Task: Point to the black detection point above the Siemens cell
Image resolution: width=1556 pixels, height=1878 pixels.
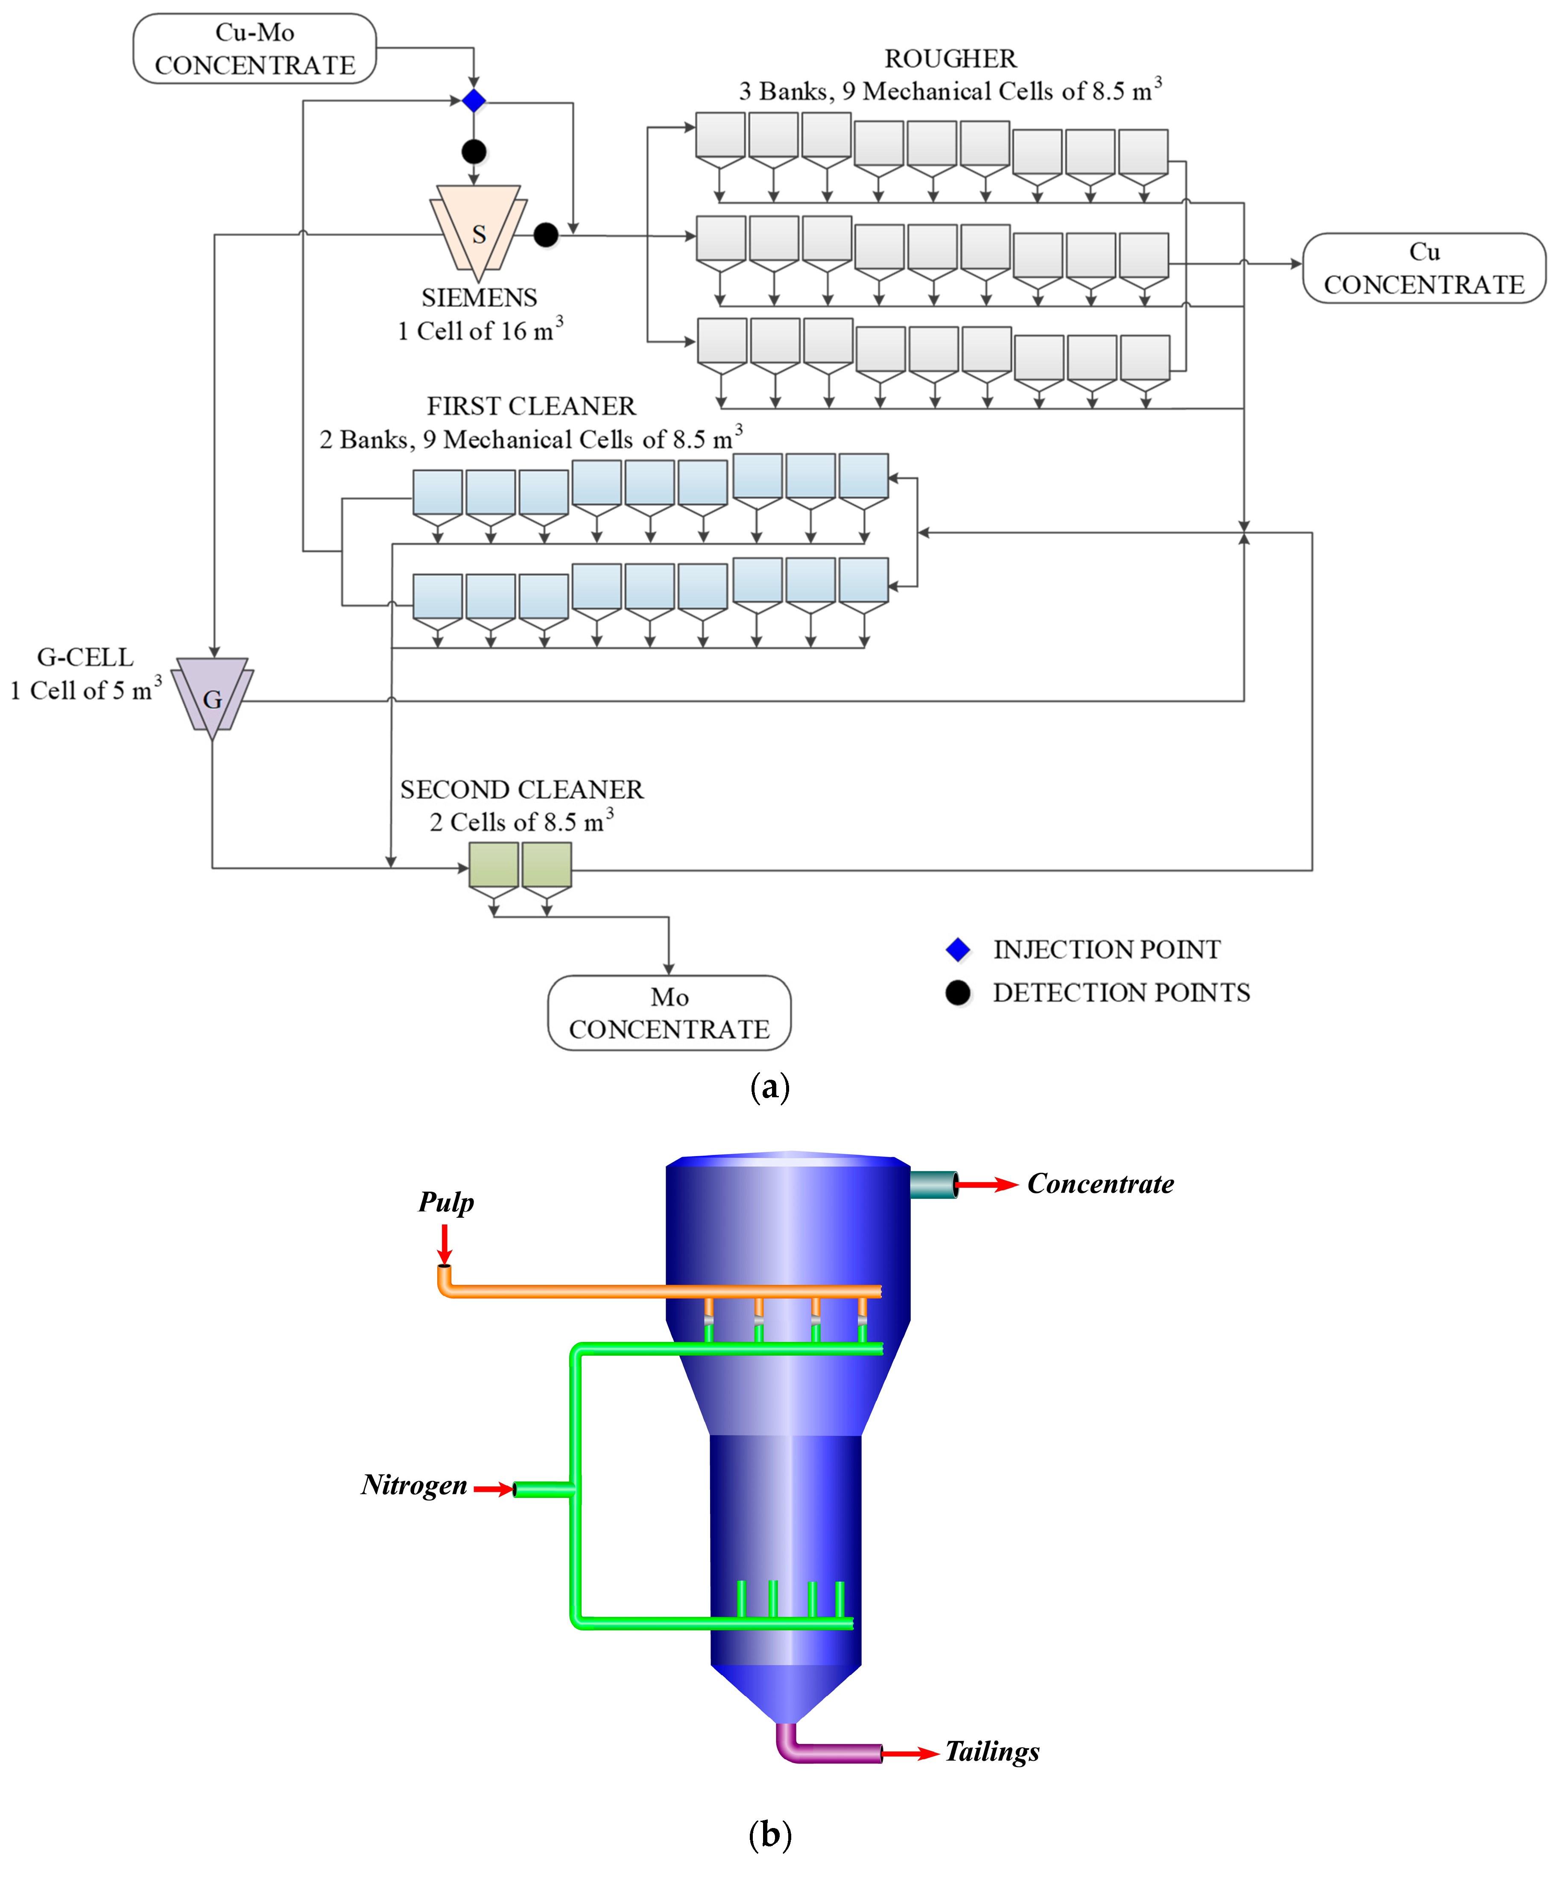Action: (x=474, y=151)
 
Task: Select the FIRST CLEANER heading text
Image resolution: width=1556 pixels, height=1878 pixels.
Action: (x=531, y=406)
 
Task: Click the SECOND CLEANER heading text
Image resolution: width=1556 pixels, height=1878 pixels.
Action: (x=521, y=790)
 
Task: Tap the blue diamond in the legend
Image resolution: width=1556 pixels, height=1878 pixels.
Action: (x=958, y=950)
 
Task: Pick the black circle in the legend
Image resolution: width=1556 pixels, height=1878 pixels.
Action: (x=958, y=993)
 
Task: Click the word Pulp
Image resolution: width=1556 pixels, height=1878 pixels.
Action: (x=446, y=1202)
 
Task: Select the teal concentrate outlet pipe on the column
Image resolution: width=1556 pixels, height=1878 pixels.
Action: (x=933, y=1185)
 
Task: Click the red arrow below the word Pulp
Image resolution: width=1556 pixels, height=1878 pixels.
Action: (x=445, y=1243)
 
